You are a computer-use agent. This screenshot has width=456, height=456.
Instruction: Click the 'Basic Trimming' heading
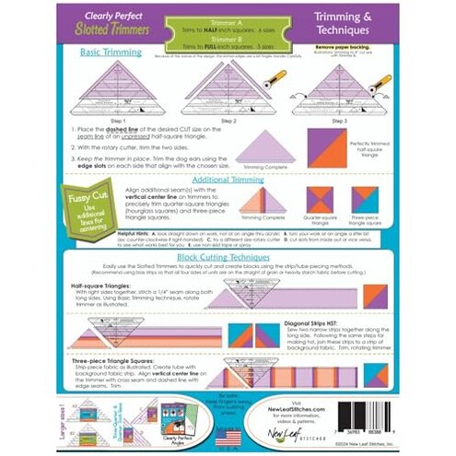pos(111,53)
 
